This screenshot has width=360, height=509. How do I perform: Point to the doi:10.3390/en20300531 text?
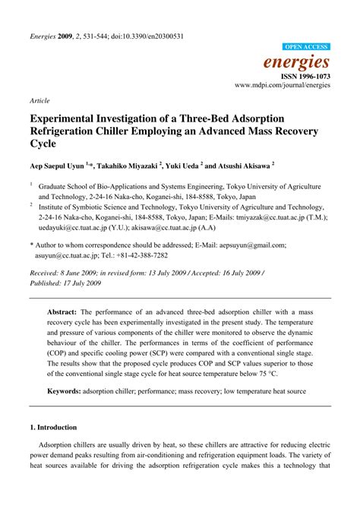[145, 36]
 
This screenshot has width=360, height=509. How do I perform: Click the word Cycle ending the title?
[45, 143]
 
